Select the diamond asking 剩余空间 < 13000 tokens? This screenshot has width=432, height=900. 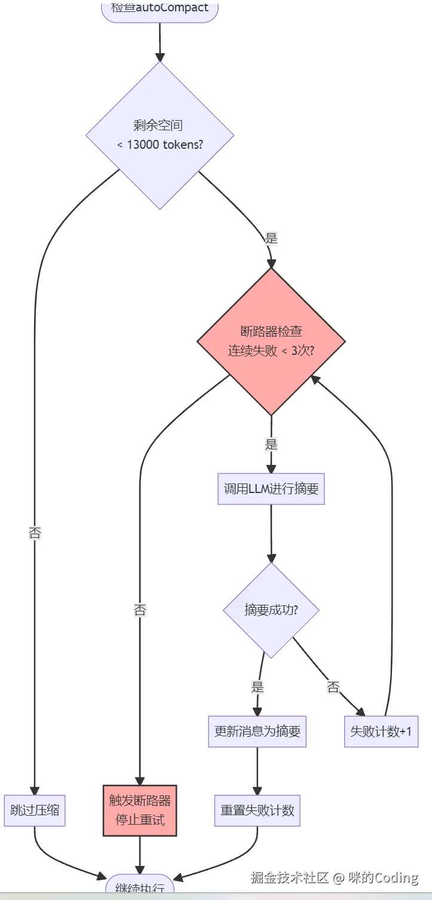coord(160,135)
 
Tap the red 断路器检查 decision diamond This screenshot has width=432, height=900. coord(271,341)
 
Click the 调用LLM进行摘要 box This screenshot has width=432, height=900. coord(271,489)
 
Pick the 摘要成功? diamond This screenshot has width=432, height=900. coord(271,610)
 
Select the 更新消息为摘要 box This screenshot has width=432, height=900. coord(257,731)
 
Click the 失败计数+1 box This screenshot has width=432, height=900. coord(381,731)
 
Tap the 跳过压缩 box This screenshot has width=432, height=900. coord(35,810)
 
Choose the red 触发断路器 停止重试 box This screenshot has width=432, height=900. coord(140,810)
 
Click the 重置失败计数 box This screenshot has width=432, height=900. coord(257,810)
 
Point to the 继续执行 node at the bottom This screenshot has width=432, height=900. coord(140,887)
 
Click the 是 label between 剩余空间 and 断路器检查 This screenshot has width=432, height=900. coord(271,238)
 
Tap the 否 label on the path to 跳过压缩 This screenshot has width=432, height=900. coord(35,533)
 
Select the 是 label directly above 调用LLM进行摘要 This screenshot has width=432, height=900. coord(271,445)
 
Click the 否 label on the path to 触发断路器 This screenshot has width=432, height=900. coord(140,610)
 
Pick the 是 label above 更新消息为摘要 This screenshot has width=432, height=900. coord(258,687)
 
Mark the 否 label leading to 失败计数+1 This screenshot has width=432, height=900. coord(333,687)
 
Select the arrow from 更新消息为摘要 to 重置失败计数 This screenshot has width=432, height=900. coord(258,771)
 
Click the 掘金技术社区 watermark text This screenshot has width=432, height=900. coord(290,877)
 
